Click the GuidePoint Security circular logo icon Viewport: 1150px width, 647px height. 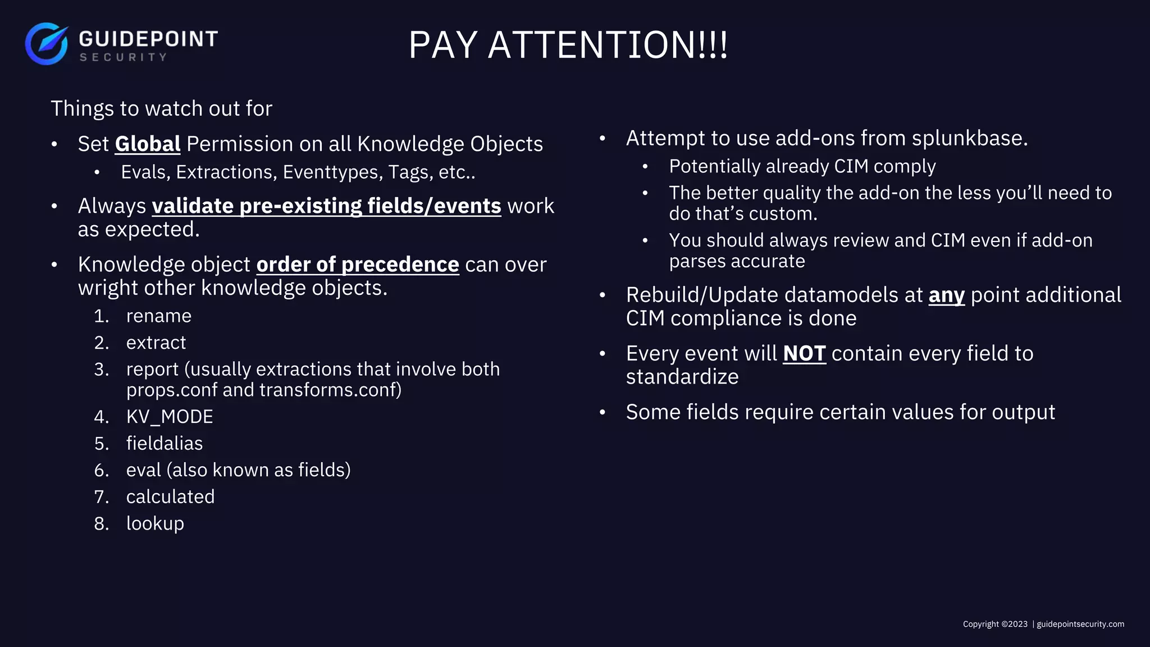47,44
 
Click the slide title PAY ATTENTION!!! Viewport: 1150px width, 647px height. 568,45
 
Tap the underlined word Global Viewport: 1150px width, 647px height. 148,144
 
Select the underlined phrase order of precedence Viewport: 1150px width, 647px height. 358,265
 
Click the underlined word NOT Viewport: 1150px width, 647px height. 804,354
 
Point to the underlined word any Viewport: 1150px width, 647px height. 946,295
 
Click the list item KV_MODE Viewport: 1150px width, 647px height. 170,417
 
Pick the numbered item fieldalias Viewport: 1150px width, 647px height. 165,444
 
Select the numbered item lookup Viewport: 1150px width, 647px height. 155,523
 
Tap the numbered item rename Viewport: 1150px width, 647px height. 159,316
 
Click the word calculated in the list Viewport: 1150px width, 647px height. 170,497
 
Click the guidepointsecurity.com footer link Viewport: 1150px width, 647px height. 1080,624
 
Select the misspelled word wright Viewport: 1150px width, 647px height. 108,288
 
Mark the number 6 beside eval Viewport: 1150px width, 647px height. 101,470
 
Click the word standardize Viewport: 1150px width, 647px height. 682,377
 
